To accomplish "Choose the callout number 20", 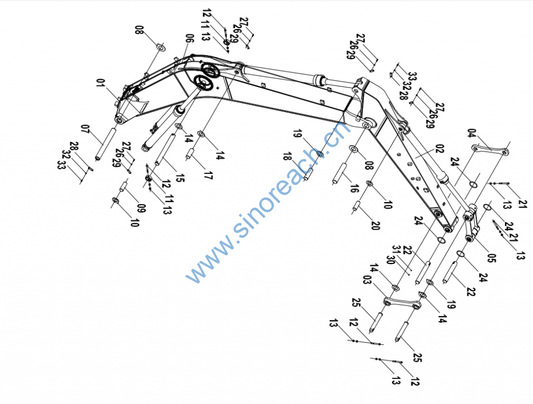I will [x=375, y=225].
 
